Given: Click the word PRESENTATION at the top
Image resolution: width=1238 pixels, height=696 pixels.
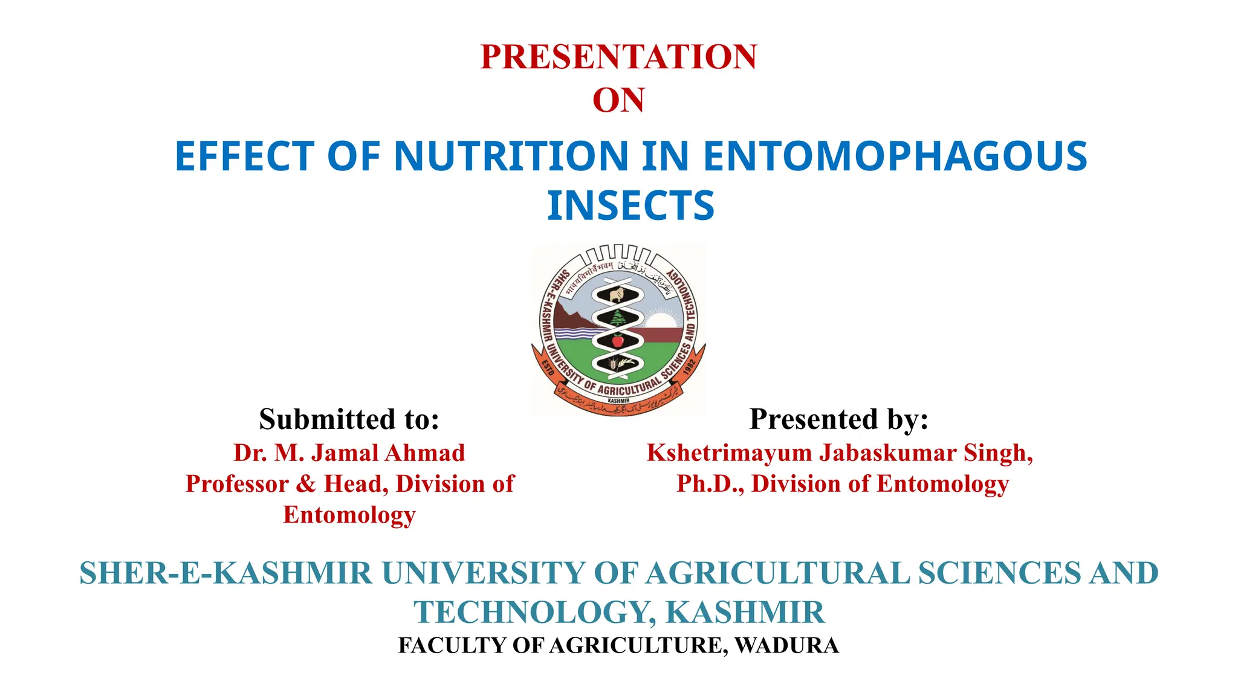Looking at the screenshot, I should pyautogui.click(x=618, y=57).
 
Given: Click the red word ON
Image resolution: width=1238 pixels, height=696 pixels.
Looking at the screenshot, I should pyautogui.click(x=618, y=100).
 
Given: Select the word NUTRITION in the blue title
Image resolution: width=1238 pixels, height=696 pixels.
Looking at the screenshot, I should pyautogui.click(x=511, y=156).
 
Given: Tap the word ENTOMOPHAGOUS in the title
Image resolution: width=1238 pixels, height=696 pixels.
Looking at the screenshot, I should pyautogui.click(x=895, y=156).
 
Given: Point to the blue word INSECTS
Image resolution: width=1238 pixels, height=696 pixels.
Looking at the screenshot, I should pyautogui.click(x=630, y=206).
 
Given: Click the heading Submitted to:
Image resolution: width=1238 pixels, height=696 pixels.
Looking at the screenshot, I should pyautogui.click(x=349, y=419).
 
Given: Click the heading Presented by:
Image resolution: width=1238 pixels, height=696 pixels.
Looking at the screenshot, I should pyautogui.click(x=839, y=419).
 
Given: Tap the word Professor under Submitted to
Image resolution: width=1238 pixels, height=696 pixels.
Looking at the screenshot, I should pyautogui.click(x=237, y=484).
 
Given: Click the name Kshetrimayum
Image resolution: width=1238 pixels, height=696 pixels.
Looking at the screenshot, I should pyautogui.click(x=729, y=453).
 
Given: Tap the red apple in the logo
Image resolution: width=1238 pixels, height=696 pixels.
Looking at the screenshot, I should pyautogui.click(x=617, y=341).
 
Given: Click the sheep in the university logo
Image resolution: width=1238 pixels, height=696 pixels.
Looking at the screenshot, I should pyautogui.click(x=616, y=295).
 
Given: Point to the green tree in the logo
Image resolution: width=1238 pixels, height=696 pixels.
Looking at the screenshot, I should pyautogui.click(x=617, y=318).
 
